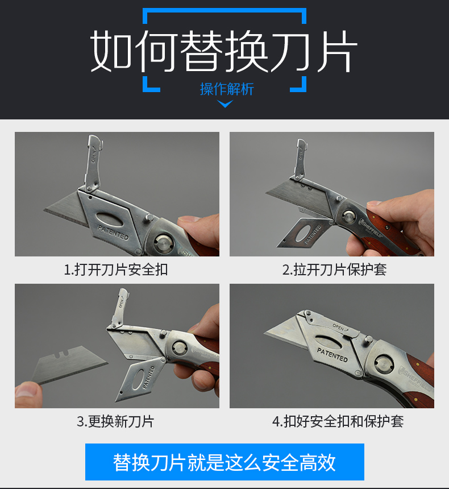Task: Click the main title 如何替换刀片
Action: pos(224,51)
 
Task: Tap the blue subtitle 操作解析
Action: pos(227,89)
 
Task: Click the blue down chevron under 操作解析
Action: pos(225,104)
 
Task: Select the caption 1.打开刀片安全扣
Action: pos(116,270)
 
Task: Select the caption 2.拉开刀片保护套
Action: pos(335,270)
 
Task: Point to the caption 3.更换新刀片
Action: pos(116,421)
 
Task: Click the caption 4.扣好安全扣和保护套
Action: pos(338,421)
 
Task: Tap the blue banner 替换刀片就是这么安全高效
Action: pos(224,462)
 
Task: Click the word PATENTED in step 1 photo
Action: pos(113,233)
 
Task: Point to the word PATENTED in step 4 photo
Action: pos(332,355)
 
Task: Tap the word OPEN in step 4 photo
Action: pos(339,327)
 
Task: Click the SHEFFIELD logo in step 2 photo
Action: pos(371,228)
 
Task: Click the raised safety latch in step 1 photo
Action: pos(93,163)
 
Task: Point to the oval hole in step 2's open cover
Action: pos(303,233)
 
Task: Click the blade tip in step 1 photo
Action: pos(44,210)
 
